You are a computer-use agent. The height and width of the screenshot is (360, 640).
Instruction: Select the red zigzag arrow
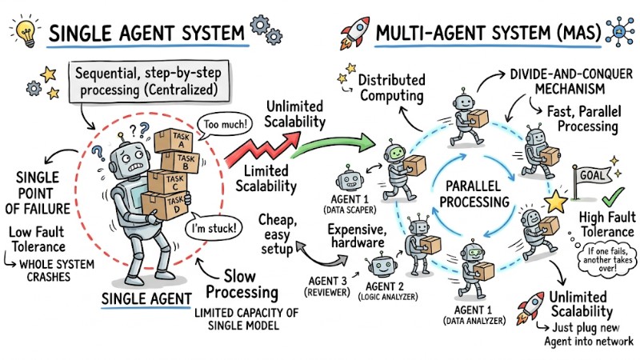pyautogui.click(x=254, y=150)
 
